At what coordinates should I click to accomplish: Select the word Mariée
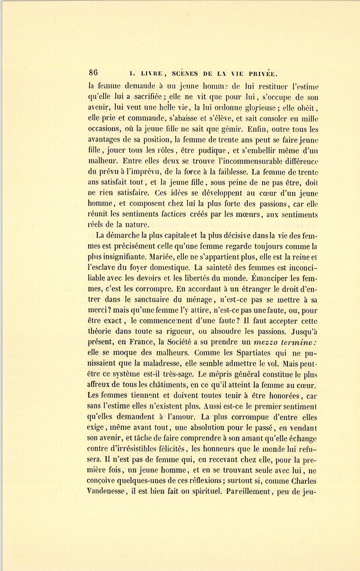click(159, 257)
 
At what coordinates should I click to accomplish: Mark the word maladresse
click(158, 363)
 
